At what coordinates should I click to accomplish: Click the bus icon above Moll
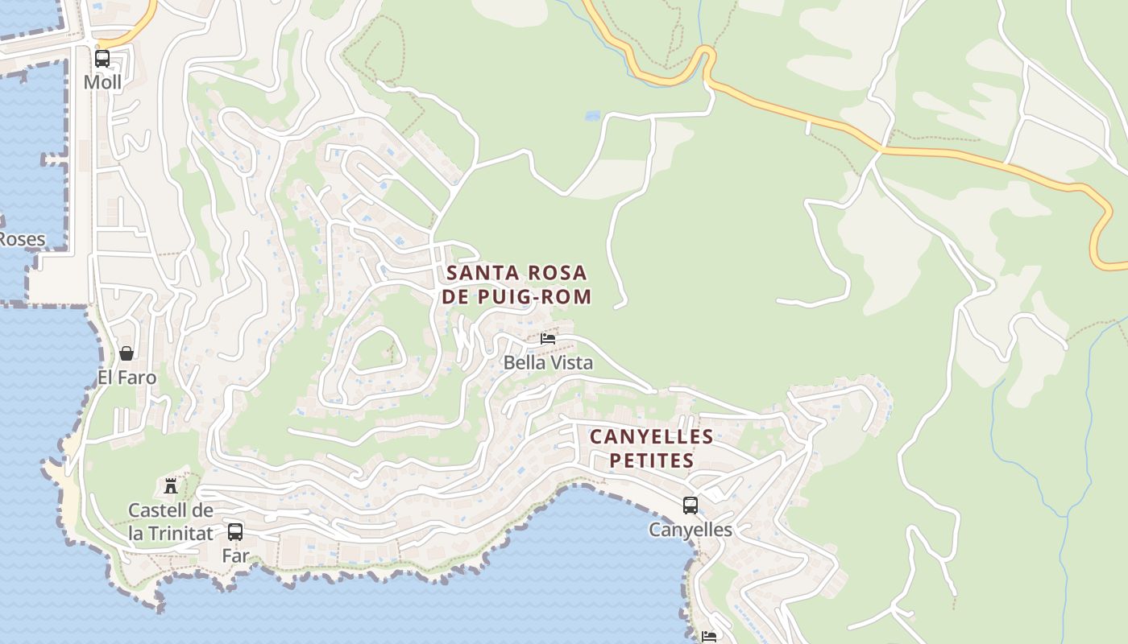[102, 59]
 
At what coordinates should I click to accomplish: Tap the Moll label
[102, 82]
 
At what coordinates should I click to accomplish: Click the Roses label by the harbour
[22, 239]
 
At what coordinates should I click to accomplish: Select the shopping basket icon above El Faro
[126, 353]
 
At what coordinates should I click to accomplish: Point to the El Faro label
[126, 377]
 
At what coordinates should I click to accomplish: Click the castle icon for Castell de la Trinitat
[171, 485]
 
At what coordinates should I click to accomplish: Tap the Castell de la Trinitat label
[171, 522]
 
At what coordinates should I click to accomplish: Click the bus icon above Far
[235, 531]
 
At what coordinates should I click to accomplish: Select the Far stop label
[235, 555]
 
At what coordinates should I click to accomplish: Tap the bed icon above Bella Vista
[548, 339]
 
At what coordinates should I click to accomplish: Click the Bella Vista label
[548, 362]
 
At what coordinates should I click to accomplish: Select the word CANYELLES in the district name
[651, 437]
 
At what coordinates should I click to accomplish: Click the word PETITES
[651, 460]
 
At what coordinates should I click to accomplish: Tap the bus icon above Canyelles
[690, 506]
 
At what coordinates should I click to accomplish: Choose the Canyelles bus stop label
[690, 530]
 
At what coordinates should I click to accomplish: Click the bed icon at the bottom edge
[709, 637]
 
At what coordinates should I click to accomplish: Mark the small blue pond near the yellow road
[593, 116]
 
